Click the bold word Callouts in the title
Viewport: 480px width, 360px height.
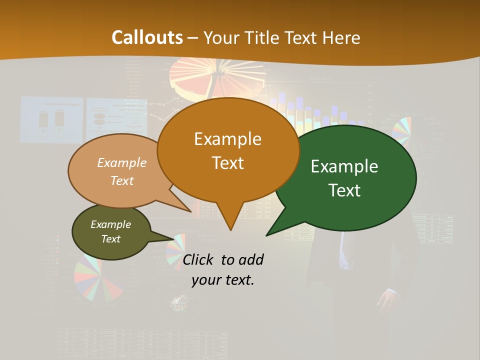pos(147,37)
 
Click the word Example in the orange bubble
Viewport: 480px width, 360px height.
pos(227,139)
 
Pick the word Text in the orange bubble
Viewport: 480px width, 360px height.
pos(227,163)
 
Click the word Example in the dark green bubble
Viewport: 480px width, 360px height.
pos(344,166)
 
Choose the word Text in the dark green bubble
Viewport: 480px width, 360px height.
pos(344,190)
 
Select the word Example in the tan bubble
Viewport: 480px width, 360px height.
pos(121,162)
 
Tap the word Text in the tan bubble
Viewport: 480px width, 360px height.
pos(121,180)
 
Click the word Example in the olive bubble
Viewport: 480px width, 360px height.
pos(110,224)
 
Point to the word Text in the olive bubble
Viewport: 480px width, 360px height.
pos(110,239)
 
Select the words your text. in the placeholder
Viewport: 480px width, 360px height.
pos(223,280)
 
